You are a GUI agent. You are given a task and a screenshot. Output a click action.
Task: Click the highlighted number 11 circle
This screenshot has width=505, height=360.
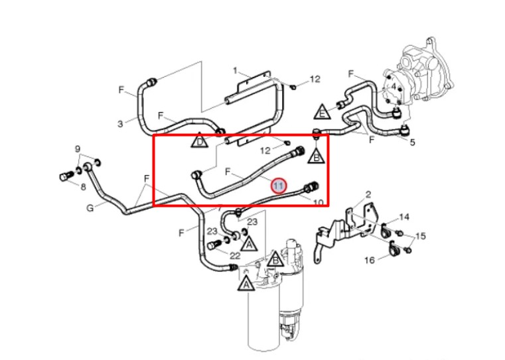pos(278,186)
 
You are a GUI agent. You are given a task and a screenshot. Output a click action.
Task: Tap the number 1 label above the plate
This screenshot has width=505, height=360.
pos(236,70)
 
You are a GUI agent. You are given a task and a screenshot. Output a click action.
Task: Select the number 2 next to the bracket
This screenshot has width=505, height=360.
pos(368,194)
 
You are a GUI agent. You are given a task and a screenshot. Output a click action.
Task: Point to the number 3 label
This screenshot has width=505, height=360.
pos(120,123)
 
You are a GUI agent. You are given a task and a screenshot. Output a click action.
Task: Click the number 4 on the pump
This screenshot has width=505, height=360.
pos(394,86)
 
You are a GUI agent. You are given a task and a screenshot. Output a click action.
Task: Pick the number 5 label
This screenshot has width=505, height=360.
pos(413,142)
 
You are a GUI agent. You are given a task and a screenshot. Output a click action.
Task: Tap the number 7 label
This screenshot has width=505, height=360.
pos(220,208)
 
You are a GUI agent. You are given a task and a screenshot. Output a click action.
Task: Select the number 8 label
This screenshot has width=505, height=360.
pos(83,186)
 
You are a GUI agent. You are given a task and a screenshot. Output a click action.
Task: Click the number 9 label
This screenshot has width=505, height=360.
pos(78,149)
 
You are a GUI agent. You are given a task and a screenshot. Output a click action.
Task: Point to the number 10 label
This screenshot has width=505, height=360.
pos(319,203)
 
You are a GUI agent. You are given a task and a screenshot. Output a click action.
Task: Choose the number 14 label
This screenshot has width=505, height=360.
pos(404,217)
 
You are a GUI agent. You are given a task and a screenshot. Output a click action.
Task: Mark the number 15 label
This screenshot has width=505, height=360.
pos(420,236)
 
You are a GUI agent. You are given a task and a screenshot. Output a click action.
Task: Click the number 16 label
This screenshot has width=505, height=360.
pos(370,260)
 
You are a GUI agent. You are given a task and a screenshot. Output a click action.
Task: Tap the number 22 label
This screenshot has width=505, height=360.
pos(235,255)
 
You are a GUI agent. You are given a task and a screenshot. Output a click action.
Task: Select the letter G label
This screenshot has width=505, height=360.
pos(90,208)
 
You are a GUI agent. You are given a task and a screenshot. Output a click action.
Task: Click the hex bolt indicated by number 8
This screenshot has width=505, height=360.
pos(66,176)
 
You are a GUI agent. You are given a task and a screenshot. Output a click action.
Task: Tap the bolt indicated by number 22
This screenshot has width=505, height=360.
pos(213,245)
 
